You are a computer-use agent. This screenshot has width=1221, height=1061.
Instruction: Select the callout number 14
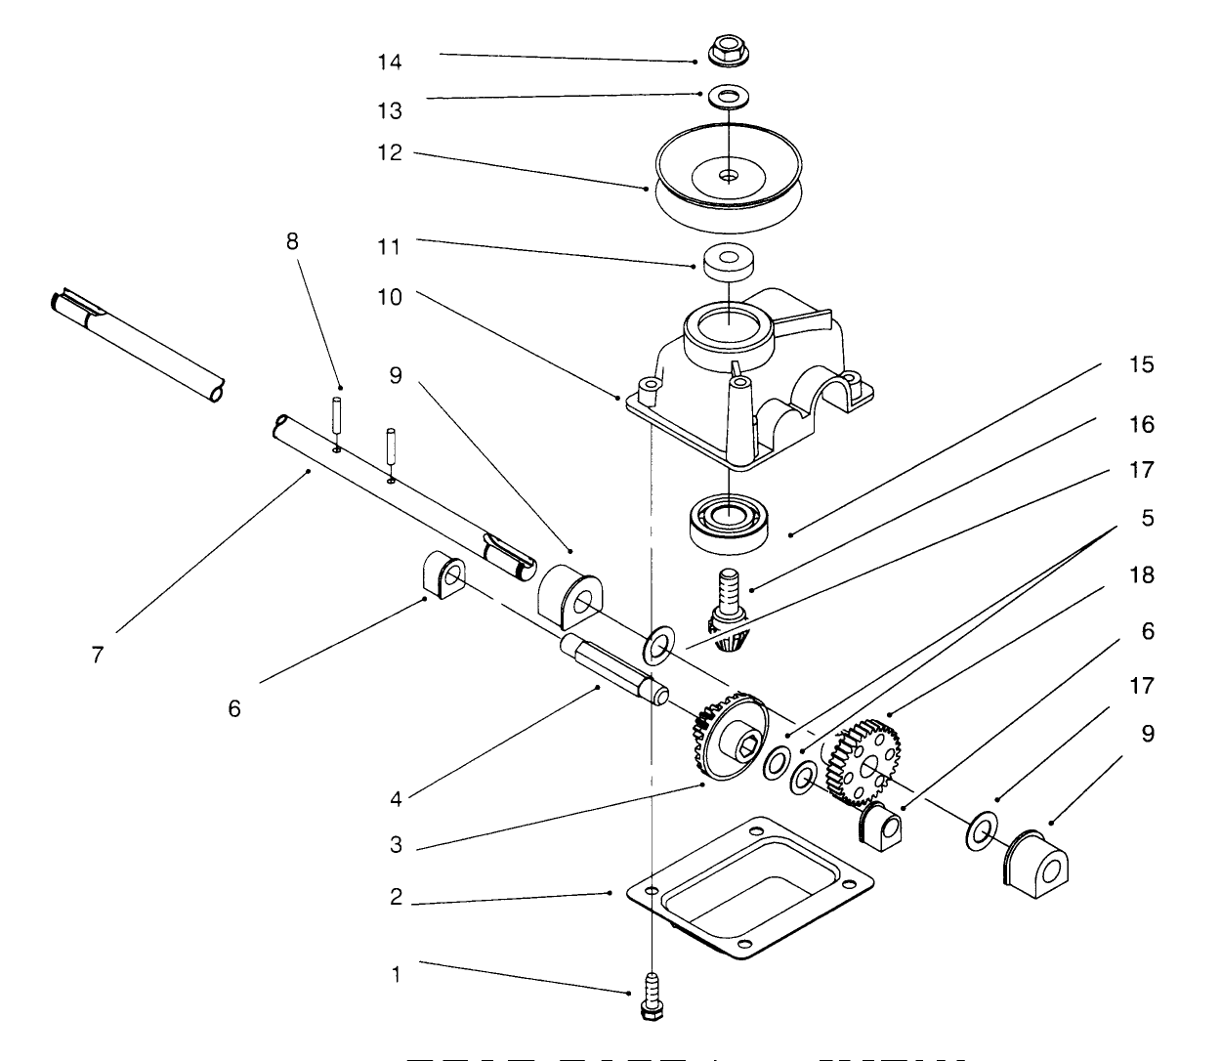pos(390,63)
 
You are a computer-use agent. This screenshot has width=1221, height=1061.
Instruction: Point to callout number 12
pos(390,153)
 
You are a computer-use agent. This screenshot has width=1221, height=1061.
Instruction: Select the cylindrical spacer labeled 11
pos(729,263)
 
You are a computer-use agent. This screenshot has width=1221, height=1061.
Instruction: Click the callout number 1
pos(396,974)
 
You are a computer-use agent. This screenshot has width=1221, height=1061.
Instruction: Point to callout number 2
pos(396,897)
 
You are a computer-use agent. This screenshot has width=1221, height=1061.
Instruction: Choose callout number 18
pos(1142,574)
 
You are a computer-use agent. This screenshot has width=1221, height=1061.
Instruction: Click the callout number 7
pos(97,655)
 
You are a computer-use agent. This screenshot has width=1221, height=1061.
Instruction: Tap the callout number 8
pos(292,241)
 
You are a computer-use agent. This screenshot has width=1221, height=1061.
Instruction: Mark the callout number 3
pos(396,845)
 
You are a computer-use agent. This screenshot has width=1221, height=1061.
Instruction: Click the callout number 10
pos(390,297)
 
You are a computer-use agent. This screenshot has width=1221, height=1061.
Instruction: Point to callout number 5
pos(1148,517)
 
